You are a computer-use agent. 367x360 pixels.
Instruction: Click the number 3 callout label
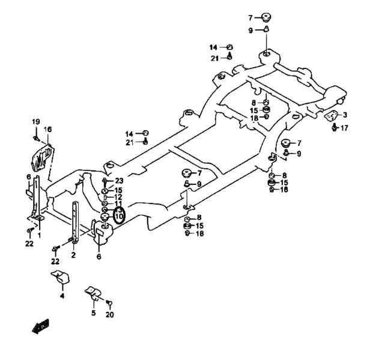tap(345, 115)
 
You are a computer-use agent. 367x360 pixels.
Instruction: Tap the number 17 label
tap(344, 128)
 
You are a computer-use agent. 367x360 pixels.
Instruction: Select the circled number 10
tap(119, 217)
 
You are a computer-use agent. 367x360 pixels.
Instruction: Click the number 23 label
tap(119, 181)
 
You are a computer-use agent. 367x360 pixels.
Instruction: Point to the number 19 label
tap(36, 122)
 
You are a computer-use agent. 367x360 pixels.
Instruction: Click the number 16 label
tap(47, 129)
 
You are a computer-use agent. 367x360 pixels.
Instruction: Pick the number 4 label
tap(62, 296)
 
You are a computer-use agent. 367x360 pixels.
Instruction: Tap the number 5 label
tap(94, 313)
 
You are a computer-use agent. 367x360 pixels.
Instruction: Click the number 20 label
tap(109, 315)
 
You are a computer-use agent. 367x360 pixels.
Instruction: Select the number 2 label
tap(73, 255)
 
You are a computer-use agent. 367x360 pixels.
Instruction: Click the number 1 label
tap(39, 235)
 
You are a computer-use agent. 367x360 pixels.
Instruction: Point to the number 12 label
tap(118, 197)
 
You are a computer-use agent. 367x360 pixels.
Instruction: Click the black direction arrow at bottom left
tap(40, 326)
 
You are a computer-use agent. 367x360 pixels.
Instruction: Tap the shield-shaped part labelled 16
tap(42, 158)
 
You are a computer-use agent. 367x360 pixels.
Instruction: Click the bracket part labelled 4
tap(61, 277)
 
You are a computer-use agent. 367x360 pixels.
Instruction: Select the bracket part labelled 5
tap(93, 293)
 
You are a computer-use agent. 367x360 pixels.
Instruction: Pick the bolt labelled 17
tap(335, 128)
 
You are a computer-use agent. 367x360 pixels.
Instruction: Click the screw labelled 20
tap(109, 303)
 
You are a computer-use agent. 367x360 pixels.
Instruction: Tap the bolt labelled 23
tap(105, 182)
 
